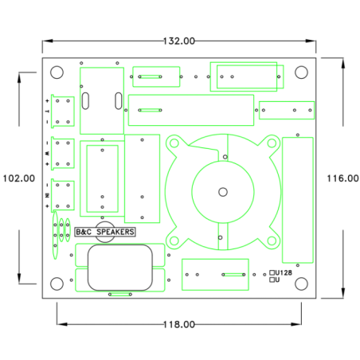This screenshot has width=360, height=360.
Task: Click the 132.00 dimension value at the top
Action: click(x=179, y=40)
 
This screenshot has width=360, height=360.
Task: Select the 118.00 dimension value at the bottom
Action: click(x=179, y=324)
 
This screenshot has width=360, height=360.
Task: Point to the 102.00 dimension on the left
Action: click(x=18, y=178)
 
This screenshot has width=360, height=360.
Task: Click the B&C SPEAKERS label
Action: click(x=104, y=232)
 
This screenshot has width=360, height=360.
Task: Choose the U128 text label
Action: click(x=285, y=272)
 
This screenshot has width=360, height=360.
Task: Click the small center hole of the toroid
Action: click(x=222, y=191)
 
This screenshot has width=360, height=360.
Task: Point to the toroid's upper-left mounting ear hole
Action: click(x=173, y=144)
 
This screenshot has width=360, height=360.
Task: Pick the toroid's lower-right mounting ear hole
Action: click(x=272, y=239)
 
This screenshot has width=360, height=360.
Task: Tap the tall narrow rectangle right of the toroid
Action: click(x=297, y=199)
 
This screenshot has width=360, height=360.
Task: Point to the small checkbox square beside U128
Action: click(x=272, y=272)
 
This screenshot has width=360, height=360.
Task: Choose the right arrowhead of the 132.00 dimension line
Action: click(x=313, y=40)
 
